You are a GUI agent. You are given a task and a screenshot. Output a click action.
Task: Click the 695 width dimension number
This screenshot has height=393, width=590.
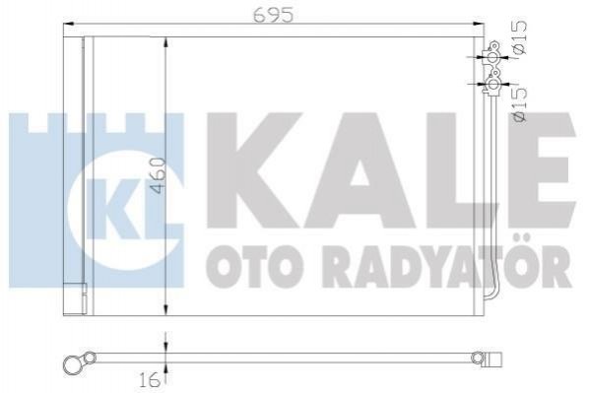274,15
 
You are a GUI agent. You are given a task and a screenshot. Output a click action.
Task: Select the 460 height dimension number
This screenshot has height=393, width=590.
159,175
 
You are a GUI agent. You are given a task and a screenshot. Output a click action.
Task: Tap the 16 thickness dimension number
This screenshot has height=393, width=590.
149,382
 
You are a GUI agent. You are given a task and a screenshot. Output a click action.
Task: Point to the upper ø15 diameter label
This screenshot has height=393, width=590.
520,36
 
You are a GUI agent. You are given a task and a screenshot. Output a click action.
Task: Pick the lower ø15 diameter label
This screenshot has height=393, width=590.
520,104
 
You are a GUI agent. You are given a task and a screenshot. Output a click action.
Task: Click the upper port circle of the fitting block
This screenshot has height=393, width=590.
492,58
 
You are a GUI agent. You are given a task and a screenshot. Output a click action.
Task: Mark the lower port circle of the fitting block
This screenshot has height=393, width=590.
492,84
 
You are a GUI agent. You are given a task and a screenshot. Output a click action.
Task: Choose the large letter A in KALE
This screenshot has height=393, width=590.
359,170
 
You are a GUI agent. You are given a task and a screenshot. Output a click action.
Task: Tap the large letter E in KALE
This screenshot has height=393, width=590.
541,170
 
